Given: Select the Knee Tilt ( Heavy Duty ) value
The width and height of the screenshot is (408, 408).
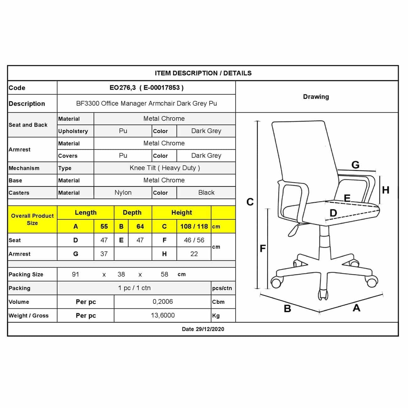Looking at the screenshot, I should tap(164, 168).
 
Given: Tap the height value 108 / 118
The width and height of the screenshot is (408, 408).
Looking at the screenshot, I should tap(194, 226).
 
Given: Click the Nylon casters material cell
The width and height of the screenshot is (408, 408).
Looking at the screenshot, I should tap(123, 193).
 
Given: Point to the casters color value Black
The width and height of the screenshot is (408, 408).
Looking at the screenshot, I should tap(206, 193).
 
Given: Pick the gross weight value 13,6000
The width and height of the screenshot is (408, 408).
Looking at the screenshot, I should tap(163, 315).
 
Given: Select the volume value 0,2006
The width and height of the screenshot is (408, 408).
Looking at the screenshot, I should tap(163, 302).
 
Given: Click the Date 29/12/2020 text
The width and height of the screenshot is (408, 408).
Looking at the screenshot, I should tap(203, 329).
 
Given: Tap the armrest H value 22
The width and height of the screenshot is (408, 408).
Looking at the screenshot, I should tap(194, 254).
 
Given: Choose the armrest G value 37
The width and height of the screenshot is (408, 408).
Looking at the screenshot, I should tap(104, 254).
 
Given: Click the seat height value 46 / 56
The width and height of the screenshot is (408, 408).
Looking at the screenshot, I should tap(194, 240).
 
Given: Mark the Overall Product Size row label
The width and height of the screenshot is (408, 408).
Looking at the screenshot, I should tap(32, 219).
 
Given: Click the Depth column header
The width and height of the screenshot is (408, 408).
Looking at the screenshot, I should tap(132, 212).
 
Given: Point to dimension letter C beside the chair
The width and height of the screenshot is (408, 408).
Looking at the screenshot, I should tap(250, 202).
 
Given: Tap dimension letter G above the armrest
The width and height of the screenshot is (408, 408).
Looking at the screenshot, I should tap(355, 165).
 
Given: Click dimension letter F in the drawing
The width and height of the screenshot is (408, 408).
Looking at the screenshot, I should tap(263, 249).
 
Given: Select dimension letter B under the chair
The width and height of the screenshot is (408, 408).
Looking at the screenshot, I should tap(287, 309).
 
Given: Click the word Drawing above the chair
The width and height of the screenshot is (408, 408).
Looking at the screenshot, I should tap(316, 97).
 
